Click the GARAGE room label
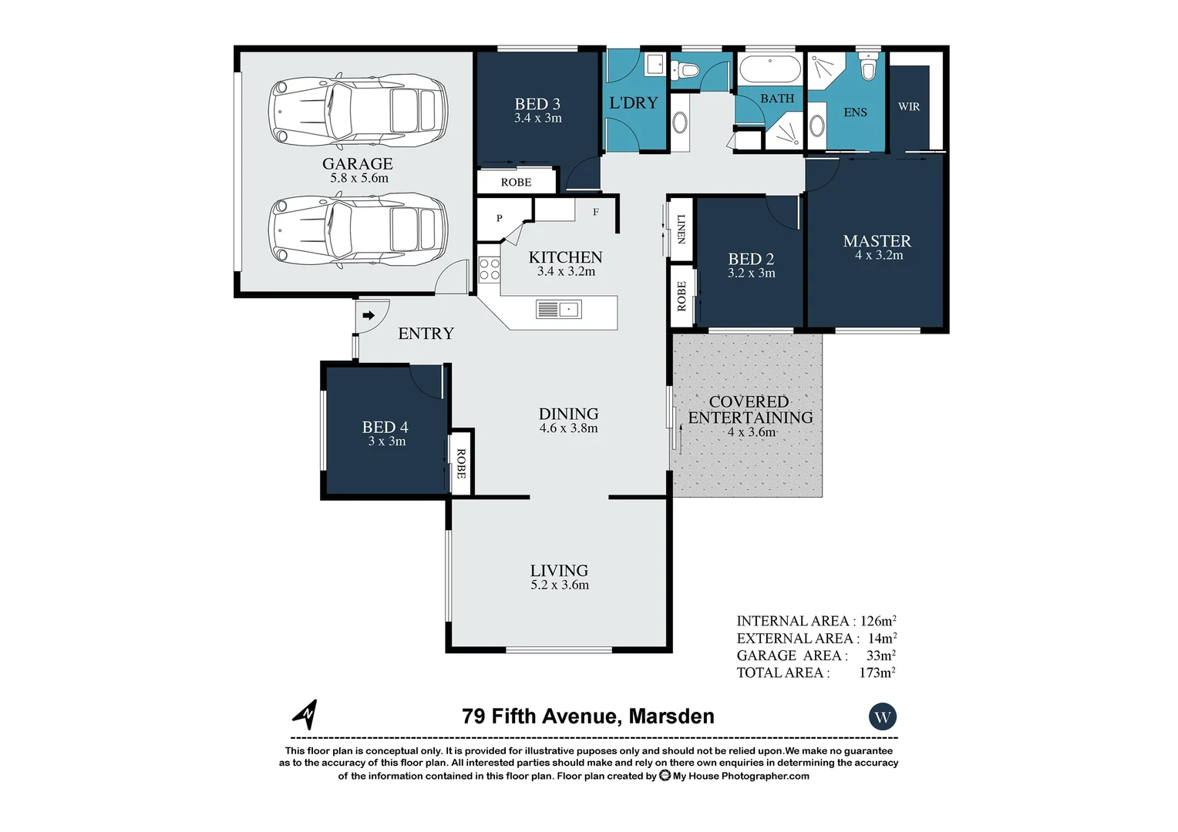click(x=358, y=163)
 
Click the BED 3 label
click(x=537, y=104)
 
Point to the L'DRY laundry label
click(x=634, y=102)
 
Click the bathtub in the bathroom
click(x=770, y=69)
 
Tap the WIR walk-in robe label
click(x=909, y=106)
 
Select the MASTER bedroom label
click(x=877, y=240)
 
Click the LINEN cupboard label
click(x=681, y=229)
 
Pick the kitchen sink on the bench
click(x=558, y=309)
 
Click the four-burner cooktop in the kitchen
click(x=489, y=269)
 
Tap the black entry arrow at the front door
click(x=369, y=315)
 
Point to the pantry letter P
click(x=500, y=218)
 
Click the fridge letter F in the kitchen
click(x=596, y=213)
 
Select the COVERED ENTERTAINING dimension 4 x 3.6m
click(x=752, y=432)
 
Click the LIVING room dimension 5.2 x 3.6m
click(x=560, y=585)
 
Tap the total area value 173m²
click(x=877, y=673)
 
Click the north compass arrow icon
click(x=306, y=715)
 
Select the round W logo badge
click(x=883, y=717)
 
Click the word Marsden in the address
click(x=671, y=716)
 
